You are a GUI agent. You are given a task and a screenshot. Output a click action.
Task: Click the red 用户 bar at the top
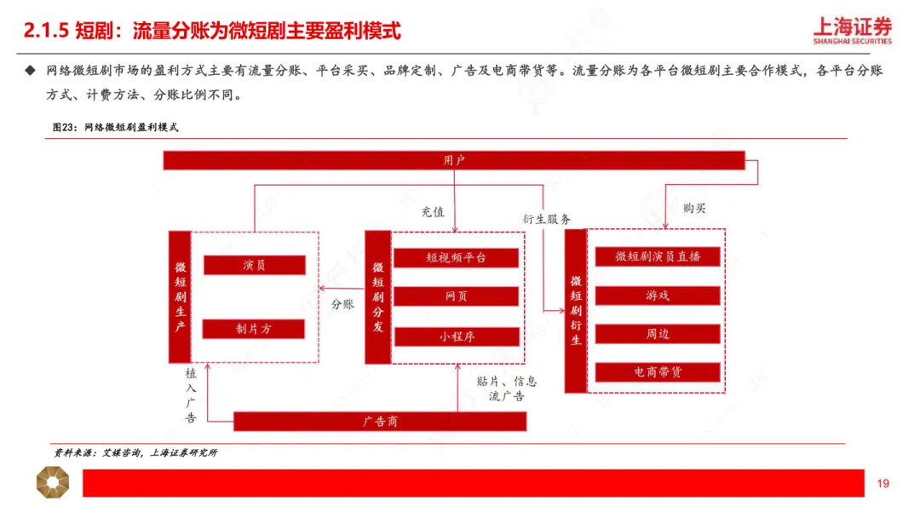click(x=454, y=159)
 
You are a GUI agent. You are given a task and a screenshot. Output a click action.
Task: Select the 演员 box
click(x=254, y=265)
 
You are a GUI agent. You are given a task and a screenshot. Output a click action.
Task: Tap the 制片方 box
click(x=254, y=329)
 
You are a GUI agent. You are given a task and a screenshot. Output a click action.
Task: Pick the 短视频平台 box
click(x=456, y=257)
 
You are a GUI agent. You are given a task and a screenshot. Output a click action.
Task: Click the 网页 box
click(x=456, y=296)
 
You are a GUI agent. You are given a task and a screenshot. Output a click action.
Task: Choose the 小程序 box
click(x=456, y=337)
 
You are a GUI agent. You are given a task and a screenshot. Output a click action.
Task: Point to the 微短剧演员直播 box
click(x=657, y=256)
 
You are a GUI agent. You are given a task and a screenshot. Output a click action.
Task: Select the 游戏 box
click(x=657, y=296)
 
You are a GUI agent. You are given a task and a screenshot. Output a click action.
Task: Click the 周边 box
click(x=657, y=334)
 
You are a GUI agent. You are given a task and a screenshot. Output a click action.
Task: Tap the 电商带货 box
click(x=657, y=372)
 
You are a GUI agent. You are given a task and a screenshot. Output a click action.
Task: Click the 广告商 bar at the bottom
click(x=380, y=421)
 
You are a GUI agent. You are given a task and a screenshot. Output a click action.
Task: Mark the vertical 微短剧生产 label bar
click(x=180, y=296)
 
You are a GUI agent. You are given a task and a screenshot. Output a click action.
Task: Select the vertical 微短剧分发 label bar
click(x=377, y=296)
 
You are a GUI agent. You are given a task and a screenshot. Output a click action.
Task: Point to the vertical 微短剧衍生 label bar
click(x=576, y=310)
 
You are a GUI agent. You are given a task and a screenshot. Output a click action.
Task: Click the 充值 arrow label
click(x=433, y=212)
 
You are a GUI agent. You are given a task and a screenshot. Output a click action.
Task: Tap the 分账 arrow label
click(x=342, y=302)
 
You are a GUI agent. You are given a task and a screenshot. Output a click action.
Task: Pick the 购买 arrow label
click(x=694, y=208)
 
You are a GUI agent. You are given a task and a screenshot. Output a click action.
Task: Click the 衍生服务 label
click(x=547, y=219)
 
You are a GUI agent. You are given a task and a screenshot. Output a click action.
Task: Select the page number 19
click(x=883, y=484)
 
